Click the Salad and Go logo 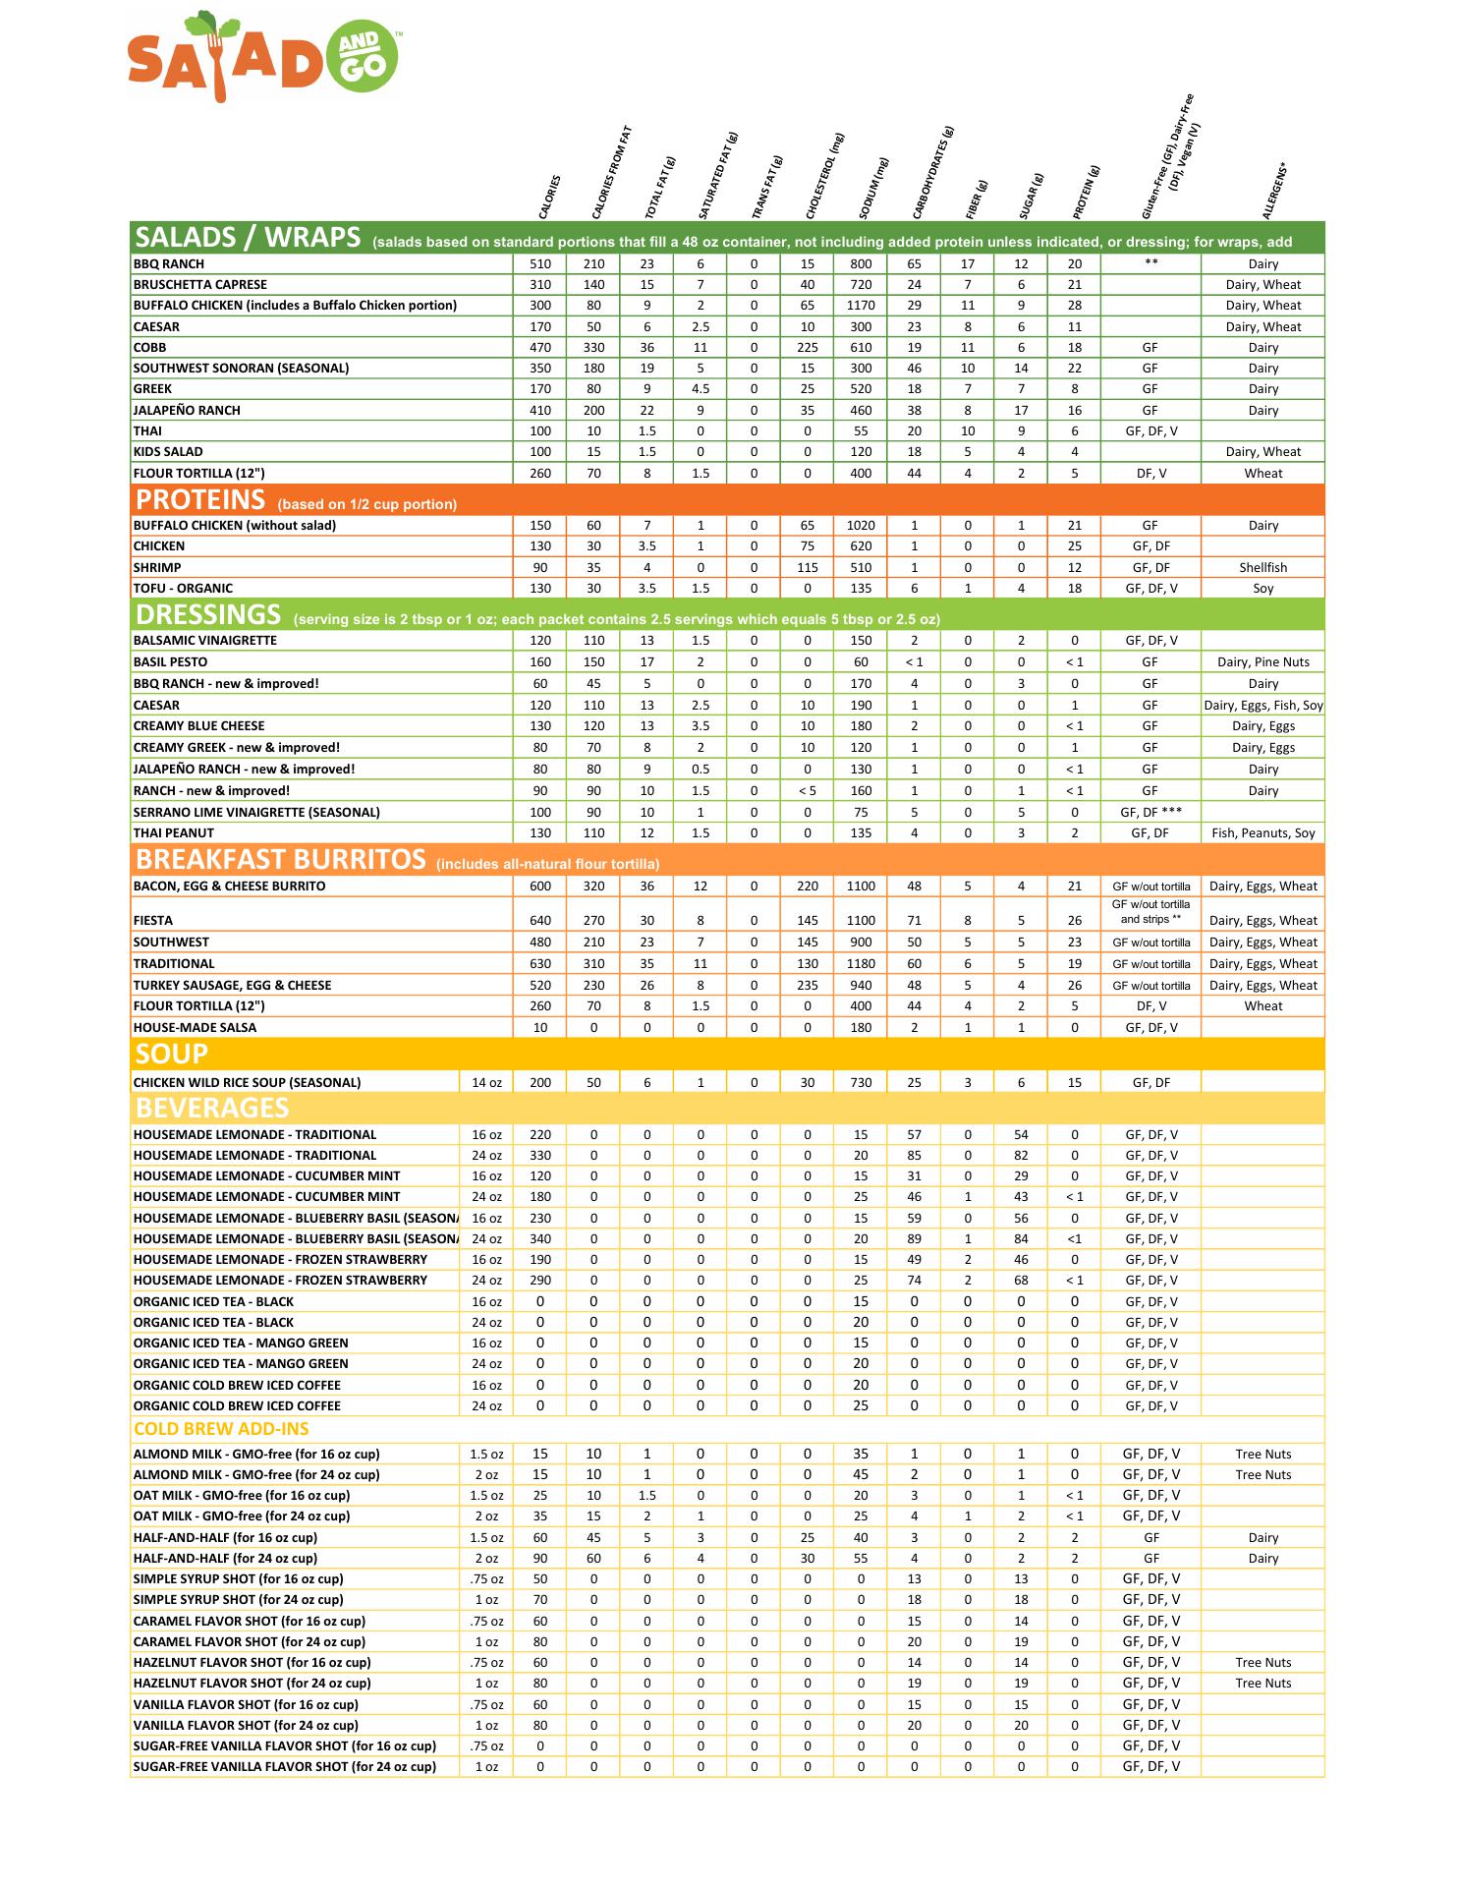(263, 57)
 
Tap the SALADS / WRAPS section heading (248, 238)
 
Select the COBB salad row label (150, 348)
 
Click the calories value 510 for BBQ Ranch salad (540, 264)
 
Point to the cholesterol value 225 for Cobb (808, 348)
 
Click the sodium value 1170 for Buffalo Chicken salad (861, 306)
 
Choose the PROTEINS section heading (200, 500)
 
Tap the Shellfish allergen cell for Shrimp (1262, 568)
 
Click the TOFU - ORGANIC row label (183, 589)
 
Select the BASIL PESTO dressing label (170, 662)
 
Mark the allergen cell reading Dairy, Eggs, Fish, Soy (1262, 706)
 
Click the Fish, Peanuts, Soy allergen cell (1262, 833)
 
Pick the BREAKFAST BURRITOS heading (280, 860)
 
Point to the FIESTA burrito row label (153, 921)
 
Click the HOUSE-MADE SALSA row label (195, 1028)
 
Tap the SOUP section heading (172, 1055)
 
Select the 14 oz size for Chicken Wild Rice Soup (486, 1083)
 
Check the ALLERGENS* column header (1274, 192)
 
